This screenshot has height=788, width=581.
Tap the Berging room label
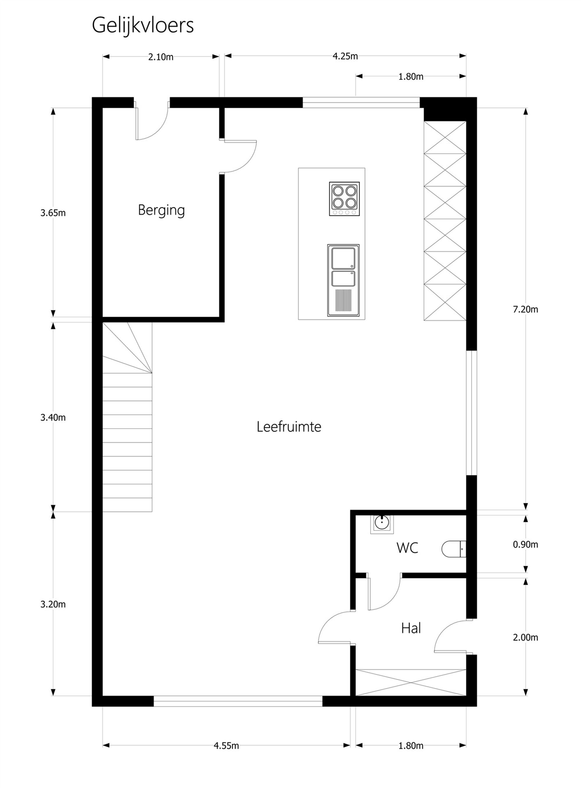tap(162, 211)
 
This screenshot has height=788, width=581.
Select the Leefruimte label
tap(289, 427)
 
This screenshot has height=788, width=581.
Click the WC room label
tap(407, 548)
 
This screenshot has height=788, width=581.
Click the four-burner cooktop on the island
tap(344, 199)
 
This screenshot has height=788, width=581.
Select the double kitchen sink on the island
tap(343, 280)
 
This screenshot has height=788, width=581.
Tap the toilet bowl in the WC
tap(454, 549)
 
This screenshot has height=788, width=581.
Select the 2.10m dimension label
tap(161, 57)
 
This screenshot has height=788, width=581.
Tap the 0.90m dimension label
tap(526, 545)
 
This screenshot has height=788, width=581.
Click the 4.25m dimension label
tap(345, 56)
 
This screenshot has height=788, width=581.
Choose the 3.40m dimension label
tap(53, 417)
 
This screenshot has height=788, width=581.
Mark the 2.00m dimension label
tap(526, 638)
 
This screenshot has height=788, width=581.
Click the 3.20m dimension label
tap(53, 604)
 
